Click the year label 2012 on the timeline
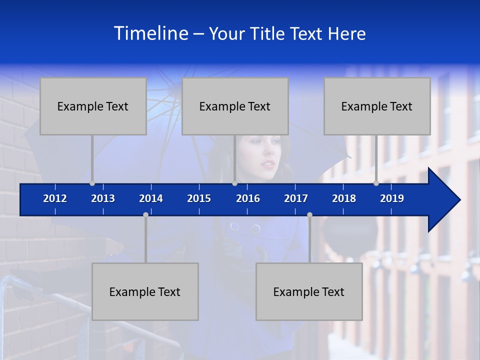55,198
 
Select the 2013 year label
103,198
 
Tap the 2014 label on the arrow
151,198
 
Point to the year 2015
199,198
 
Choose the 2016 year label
248,198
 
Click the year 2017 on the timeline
296,198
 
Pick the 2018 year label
344,198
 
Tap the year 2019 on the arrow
392,198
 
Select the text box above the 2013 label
93,106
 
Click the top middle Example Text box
235,106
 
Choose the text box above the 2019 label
377,106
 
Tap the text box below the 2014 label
145,291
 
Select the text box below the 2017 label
309,291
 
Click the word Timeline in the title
151,33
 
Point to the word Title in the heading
269,34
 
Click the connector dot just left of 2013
92,183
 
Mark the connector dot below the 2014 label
145,214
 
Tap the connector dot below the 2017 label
309,214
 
